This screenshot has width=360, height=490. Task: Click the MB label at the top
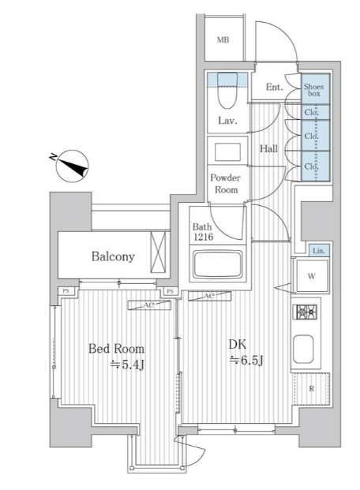(x=223, y=40)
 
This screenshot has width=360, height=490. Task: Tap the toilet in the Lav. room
(x=227, y=90)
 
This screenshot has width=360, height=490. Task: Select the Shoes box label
(x=313, y=90)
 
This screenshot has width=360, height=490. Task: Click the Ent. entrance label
(x=274, y=87)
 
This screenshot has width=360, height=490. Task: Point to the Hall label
(x=268, y=148)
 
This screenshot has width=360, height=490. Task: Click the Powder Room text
(x=226, y=184)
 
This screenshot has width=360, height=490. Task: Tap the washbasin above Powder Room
(x=227, y=151)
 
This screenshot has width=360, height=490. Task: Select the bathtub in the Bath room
(x=218, y=264)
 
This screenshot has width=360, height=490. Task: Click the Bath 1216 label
(x=203, y=232)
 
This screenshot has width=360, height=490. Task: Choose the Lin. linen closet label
(x=319, y=251)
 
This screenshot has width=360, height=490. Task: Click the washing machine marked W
(x=312, y=276)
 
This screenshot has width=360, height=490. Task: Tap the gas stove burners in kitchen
(x=305, y=312)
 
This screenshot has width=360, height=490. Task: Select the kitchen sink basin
(x=303, y=349)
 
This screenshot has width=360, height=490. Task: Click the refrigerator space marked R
(x=311, y=389)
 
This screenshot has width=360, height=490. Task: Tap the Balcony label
(x=113, y=256)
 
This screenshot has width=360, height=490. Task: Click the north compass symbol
(x=72, y=166)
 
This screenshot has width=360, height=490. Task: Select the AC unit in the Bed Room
(x=149, y=305)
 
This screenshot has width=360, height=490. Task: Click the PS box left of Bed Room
(x=66, y=291)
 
